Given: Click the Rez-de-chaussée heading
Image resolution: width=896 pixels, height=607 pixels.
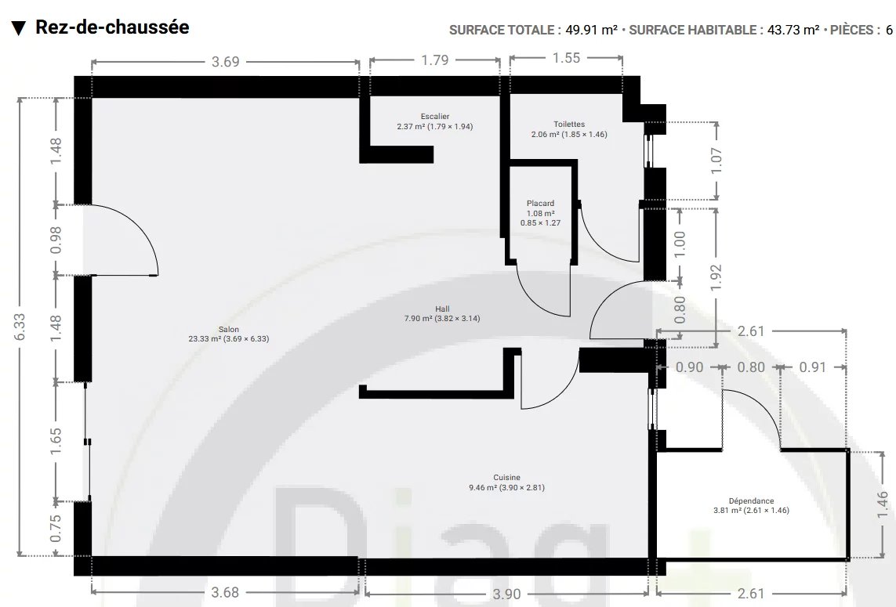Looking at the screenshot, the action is coord(112,27).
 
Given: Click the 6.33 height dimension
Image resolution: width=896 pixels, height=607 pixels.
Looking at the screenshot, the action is coord(20,327).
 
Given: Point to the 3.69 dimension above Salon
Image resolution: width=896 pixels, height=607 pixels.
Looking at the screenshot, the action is coord(225,62).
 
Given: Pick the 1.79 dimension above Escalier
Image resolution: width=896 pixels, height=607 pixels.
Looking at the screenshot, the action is coord(435,60).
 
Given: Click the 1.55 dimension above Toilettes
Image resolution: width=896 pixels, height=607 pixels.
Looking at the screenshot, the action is coord(566,58).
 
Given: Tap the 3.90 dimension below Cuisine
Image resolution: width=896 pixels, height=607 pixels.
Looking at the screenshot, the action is coord(506,594).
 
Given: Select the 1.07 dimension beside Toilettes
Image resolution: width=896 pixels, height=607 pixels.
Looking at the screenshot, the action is coord(716,161).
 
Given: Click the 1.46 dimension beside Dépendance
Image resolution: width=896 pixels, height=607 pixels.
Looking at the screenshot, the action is coord(883,504).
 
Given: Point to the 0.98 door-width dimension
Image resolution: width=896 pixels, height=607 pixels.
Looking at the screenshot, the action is coord(56,240).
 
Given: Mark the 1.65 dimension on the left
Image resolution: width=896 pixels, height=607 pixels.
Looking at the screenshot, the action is coord(56,442).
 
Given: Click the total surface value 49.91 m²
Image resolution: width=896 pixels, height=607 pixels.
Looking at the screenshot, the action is coord(591,30).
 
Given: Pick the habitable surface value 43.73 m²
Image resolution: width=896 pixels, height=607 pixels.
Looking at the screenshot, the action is coord(793,30).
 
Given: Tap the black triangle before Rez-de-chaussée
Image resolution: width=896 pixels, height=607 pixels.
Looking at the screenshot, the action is coord(19,28).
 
